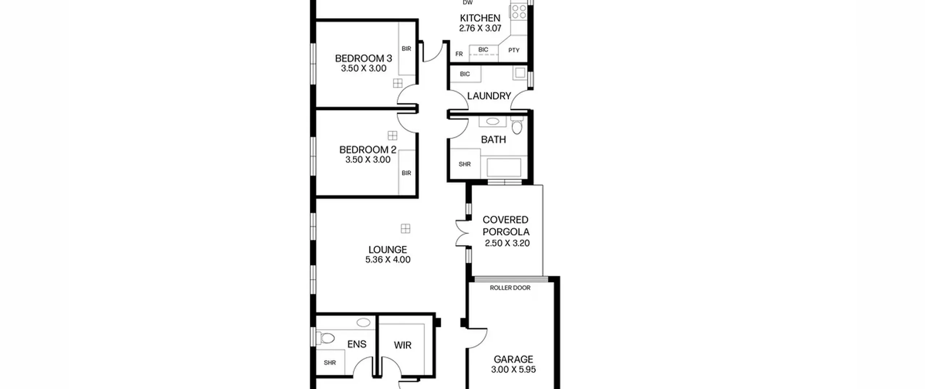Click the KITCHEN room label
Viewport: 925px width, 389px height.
480,18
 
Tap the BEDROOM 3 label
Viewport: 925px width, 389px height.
363,58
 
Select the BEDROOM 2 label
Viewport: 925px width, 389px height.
368,149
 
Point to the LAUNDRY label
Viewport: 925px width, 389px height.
489,96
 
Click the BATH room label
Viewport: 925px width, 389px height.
494,140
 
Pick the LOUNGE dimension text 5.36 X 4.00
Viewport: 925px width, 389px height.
388,259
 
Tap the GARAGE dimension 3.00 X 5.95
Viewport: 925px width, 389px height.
513,369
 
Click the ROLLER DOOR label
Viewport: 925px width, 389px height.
510,288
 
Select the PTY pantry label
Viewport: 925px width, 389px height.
514,50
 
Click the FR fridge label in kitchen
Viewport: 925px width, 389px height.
459,54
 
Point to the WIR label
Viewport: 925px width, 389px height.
403,345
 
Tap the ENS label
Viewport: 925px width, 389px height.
357,344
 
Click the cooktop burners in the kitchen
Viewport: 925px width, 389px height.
519,11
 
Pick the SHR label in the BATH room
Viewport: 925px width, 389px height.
465,164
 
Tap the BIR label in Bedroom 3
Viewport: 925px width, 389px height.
406,48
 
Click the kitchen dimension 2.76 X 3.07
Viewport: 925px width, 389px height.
480,28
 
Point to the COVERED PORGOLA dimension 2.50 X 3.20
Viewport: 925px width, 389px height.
507,243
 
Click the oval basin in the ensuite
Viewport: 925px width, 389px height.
363,322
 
